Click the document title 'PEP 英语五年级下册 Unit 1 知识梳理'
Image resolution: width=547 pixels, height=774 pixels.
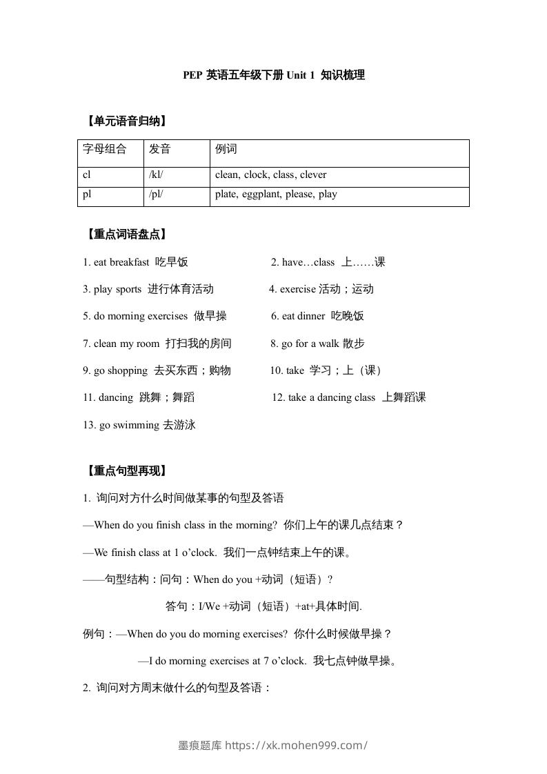coord(273,75)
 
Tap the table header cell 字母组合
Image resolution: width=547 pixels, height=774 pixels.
coord(105,149)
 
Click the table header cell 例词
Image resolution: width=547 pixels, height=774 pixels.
coord(226,149)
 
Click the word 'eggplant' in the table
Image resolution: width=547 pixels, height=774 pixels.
coord(261,195)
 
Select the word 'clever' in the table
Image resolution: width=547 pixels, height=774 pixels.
coord(312,175)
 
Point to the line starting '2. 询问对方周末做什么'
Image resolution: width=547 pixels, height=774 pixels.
coord(177,688)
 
